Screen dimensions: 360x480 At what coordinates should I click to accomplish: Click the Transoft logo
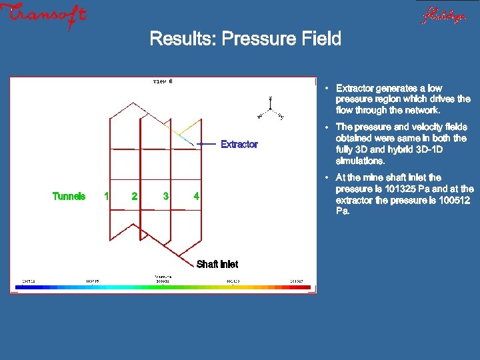(44, 15)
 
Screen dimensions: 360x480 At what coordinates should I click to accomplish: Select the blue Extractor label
(239, 144)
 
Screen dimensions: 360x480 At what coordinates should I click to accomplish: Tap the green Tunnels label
(69, 196)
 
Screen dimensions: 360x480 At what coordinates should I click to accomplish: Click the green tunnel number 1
(106, 196)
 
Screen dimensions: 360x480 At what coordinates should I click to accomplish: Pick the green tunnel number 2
(135, 196)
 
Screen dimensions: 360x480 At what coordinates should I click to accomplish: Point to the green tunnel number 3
(165, 196)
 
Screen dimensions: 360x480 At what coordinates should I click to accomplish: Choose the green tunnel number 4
(196, 196)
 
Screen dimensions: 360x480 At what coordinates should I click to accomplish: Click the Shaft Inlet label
(217, 264)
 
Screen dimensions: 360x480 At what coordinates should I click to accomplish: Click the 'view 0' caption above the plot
(163, 82)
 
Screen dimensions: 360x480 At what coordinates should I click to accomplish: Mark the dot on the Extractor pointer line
(200, 143)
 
